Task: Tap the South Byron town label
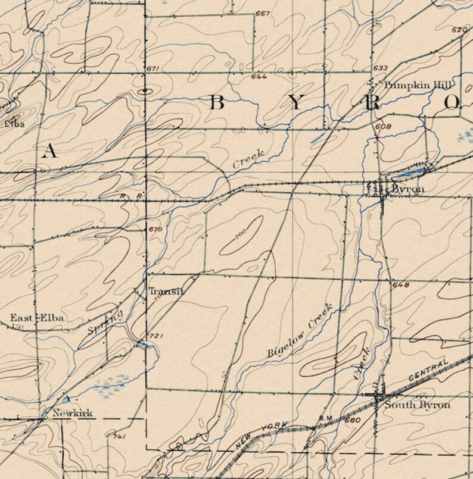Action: click(417, 405)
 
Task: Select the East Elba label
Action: click(37, 318)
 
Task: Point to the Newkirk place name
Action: click(72, 413)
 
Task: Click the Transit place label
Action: click(166, 292)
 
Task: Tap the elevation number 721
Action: click(156, 337)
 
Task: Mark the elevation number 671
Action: click(154, 70)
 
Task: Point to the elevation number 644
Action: click(259, 77)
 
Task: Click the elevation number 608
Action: click(383, 126)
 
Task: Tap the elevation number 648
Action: click(401, 285)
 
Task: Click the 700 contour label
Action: click(241, 237)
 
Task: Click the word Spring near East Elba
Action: click(105, 322)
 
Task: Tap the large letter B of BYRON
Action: click(216, 103)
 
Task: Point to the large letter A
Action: click(50, 151)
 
